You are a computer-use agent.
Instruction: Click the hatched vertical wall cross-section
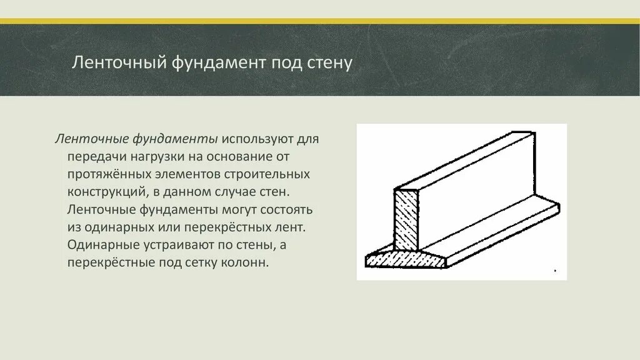[407, 218]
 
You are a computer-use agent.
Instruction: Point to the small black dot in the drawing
[555, 271]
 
